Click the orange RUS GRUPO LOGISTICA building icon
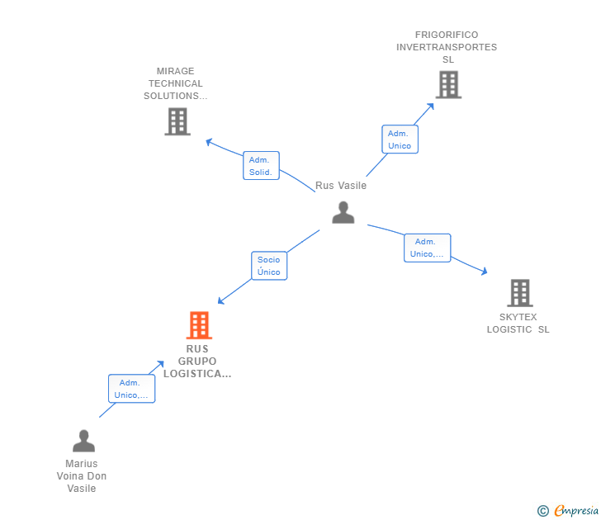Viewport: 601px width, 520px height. [199, 325]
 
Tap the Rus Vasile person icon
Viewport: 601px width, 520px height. [343, 212]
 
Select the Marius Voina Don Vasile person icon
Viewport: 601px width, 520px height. [83, 442]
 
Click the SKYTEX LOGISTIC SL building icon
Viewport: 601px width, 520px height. [519, 293]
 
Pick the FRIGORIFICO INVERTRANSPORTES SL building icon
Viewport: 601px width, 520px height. [448, 84]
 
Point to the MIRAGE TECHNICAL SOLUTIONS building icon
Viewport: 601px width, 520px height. [177, 121]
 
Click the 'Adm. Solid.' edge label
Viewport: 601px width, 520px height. [262, 165]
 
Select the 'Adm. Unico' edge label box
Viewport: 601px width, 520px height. [400, 139]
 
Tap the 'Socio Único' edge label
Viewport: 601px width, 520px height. [269, 266]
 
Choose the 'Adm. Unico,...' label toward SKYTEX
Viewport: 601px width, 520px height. [427, 248]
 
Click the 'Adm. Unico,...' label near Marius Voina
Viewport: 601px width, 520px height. [131, 389]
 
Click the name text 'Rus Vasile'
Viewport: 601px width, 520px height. [341, 186]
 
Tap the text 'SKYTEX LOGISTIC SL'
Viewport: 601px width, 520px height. [518, 323]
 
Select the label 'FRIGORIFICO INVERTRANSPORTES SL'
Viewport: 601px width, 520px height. [447, 47]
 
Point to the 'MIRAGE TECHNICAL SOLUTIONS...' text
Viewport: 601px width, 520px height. [175, 83]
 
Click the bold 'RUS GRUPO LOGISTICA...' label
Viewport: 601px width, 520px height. [197, 361]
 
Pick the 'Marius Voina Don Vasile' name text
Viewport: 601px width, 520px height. [82, 476]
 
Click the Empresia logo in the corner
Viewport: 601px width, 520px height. [575, 511]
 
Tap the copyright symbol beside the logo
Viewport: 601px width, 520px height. [542, 511]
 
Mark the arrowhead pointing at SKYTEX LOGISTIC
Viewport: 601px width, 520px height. [485, 271]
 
